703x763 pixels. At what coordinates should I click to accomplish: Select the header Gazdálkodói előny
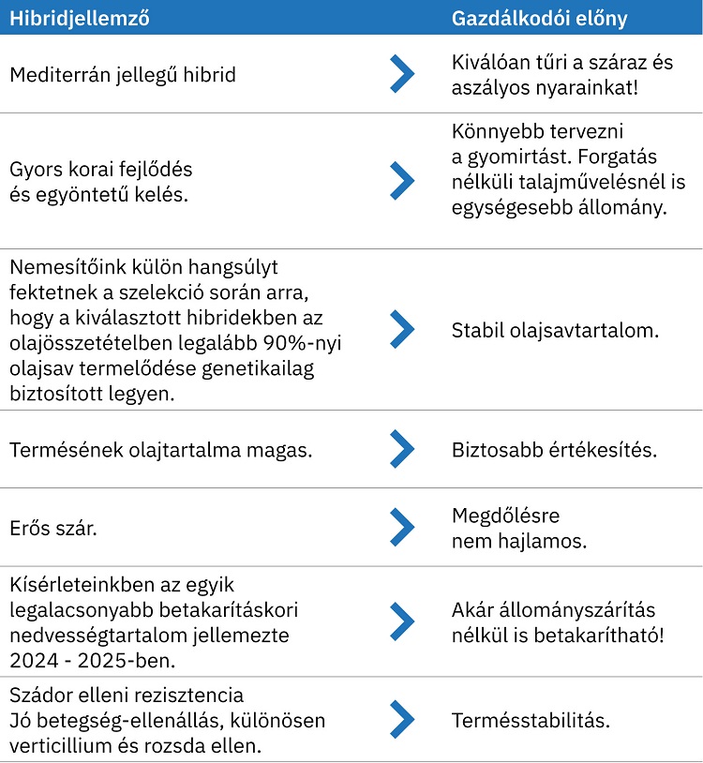point(540,18)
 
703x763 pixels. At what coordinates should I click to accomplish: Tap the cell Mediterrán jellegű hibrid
point(123,75)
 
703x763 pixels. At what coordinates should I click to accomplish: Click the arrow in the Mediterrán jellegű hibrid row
point(401,74)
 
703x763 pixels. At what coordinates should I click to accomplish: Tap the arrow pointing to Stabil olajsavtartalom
point(401,329)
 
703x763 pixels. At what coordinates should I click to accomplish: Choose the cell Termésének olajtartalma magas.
point(161,450)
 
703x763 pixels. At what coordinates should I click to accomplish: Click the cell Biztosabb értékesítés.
point(554,450)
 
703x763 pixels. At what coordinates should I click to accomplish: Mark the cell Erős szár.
point(53,529)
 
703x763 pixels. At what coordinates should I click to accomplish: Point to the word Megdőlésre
point(505,516)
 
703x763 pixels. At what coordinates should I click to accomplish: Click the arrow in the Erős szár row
point(401,527)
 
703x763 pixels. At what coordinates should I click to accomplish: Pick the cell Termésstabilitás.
point(531,721)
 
